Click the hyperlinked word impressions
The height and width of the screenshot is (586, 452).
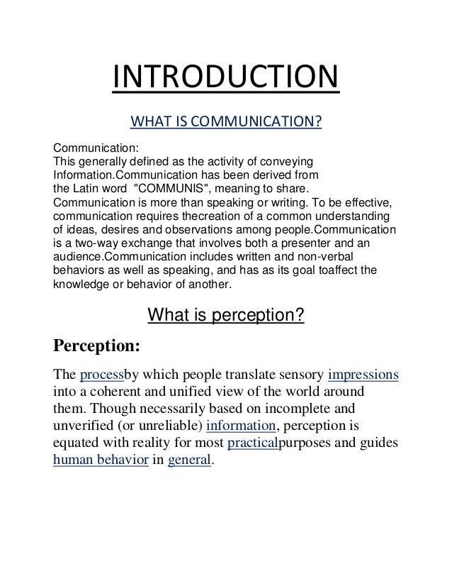click(x=363, y=374)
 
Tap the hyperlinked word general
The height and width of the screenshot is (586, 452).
click(x=189, y=460)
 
